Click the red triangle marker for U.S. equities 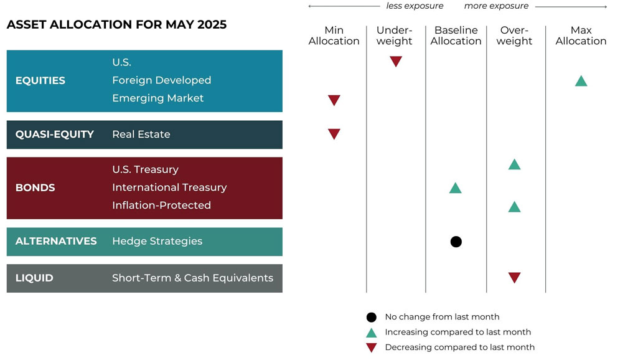point(396,62)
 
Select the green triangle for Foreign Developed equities point(581,80)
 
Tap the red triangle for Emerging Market point(334,100)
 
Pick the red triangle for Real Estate point(334,134)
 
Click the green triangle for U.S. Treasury point(514,164)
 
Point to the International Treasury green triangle point(455,187)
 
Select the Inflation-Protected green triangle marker point(514,206)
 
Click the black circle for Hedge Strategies point(456,242)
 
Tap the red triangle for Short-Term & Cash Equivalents point(514,278)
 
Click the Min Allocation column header point(334,36)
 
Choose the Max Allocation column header point(581,36)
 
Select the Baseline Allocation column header point(456,36)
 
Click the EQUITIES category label point(40,80)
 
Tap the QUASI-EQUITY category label point(54,134)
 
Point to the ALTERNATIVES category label point(56,241)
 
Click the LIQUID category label point(34,278)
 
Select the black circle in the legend point(372,316)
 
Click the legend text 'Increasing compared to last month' point(457,332)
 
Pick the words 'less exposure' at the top point(415,6)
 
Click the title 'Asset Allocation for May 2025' point(116,25)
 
